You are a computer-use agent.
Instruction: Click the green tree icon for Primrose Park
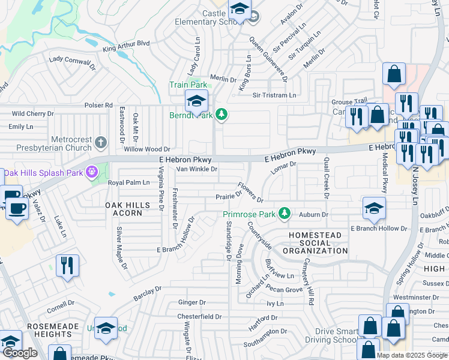pos(287,214)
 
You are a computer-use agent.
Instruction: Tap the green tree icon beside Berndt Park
pos(221,114)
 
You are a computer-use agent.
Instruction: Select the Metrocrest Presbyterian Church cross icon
pos(101,142)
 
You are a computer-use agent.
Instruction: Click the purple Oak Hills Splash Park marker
pos(92,172)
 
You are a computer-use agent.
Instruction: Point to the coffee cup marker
pos(16,209)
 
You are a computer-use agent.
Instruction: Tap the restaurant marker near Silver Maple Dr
pos(67,266)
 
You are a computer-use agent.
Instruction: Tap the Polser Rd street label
pos(99,105)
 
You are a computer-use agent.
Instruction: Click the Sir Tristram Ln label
pos(274,95)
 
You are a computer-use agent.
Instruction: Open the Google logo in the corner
pos(20,352)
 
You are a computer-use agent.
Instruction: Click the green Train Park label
pos(188,85)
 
